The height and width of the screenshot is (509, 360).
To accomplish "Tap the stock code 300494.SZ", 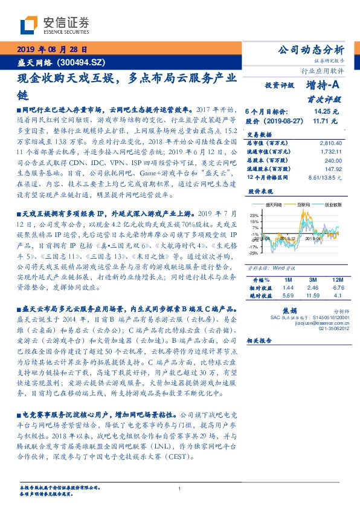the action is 83,62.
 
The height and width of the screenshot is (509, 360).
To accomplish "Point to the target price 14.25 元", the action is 326,112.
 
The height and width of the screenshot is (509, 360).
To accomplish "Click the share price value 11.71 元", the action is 326,121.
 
